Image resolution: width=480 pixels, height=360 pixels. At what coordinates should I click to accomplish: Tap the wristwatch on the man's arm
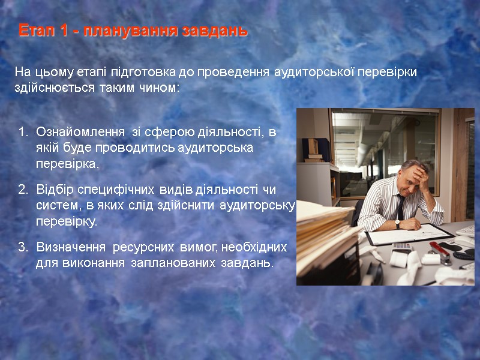(397, 224)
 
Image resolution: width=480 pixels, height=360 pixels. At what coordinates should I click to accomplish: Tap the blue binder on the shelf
(319, 148)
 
